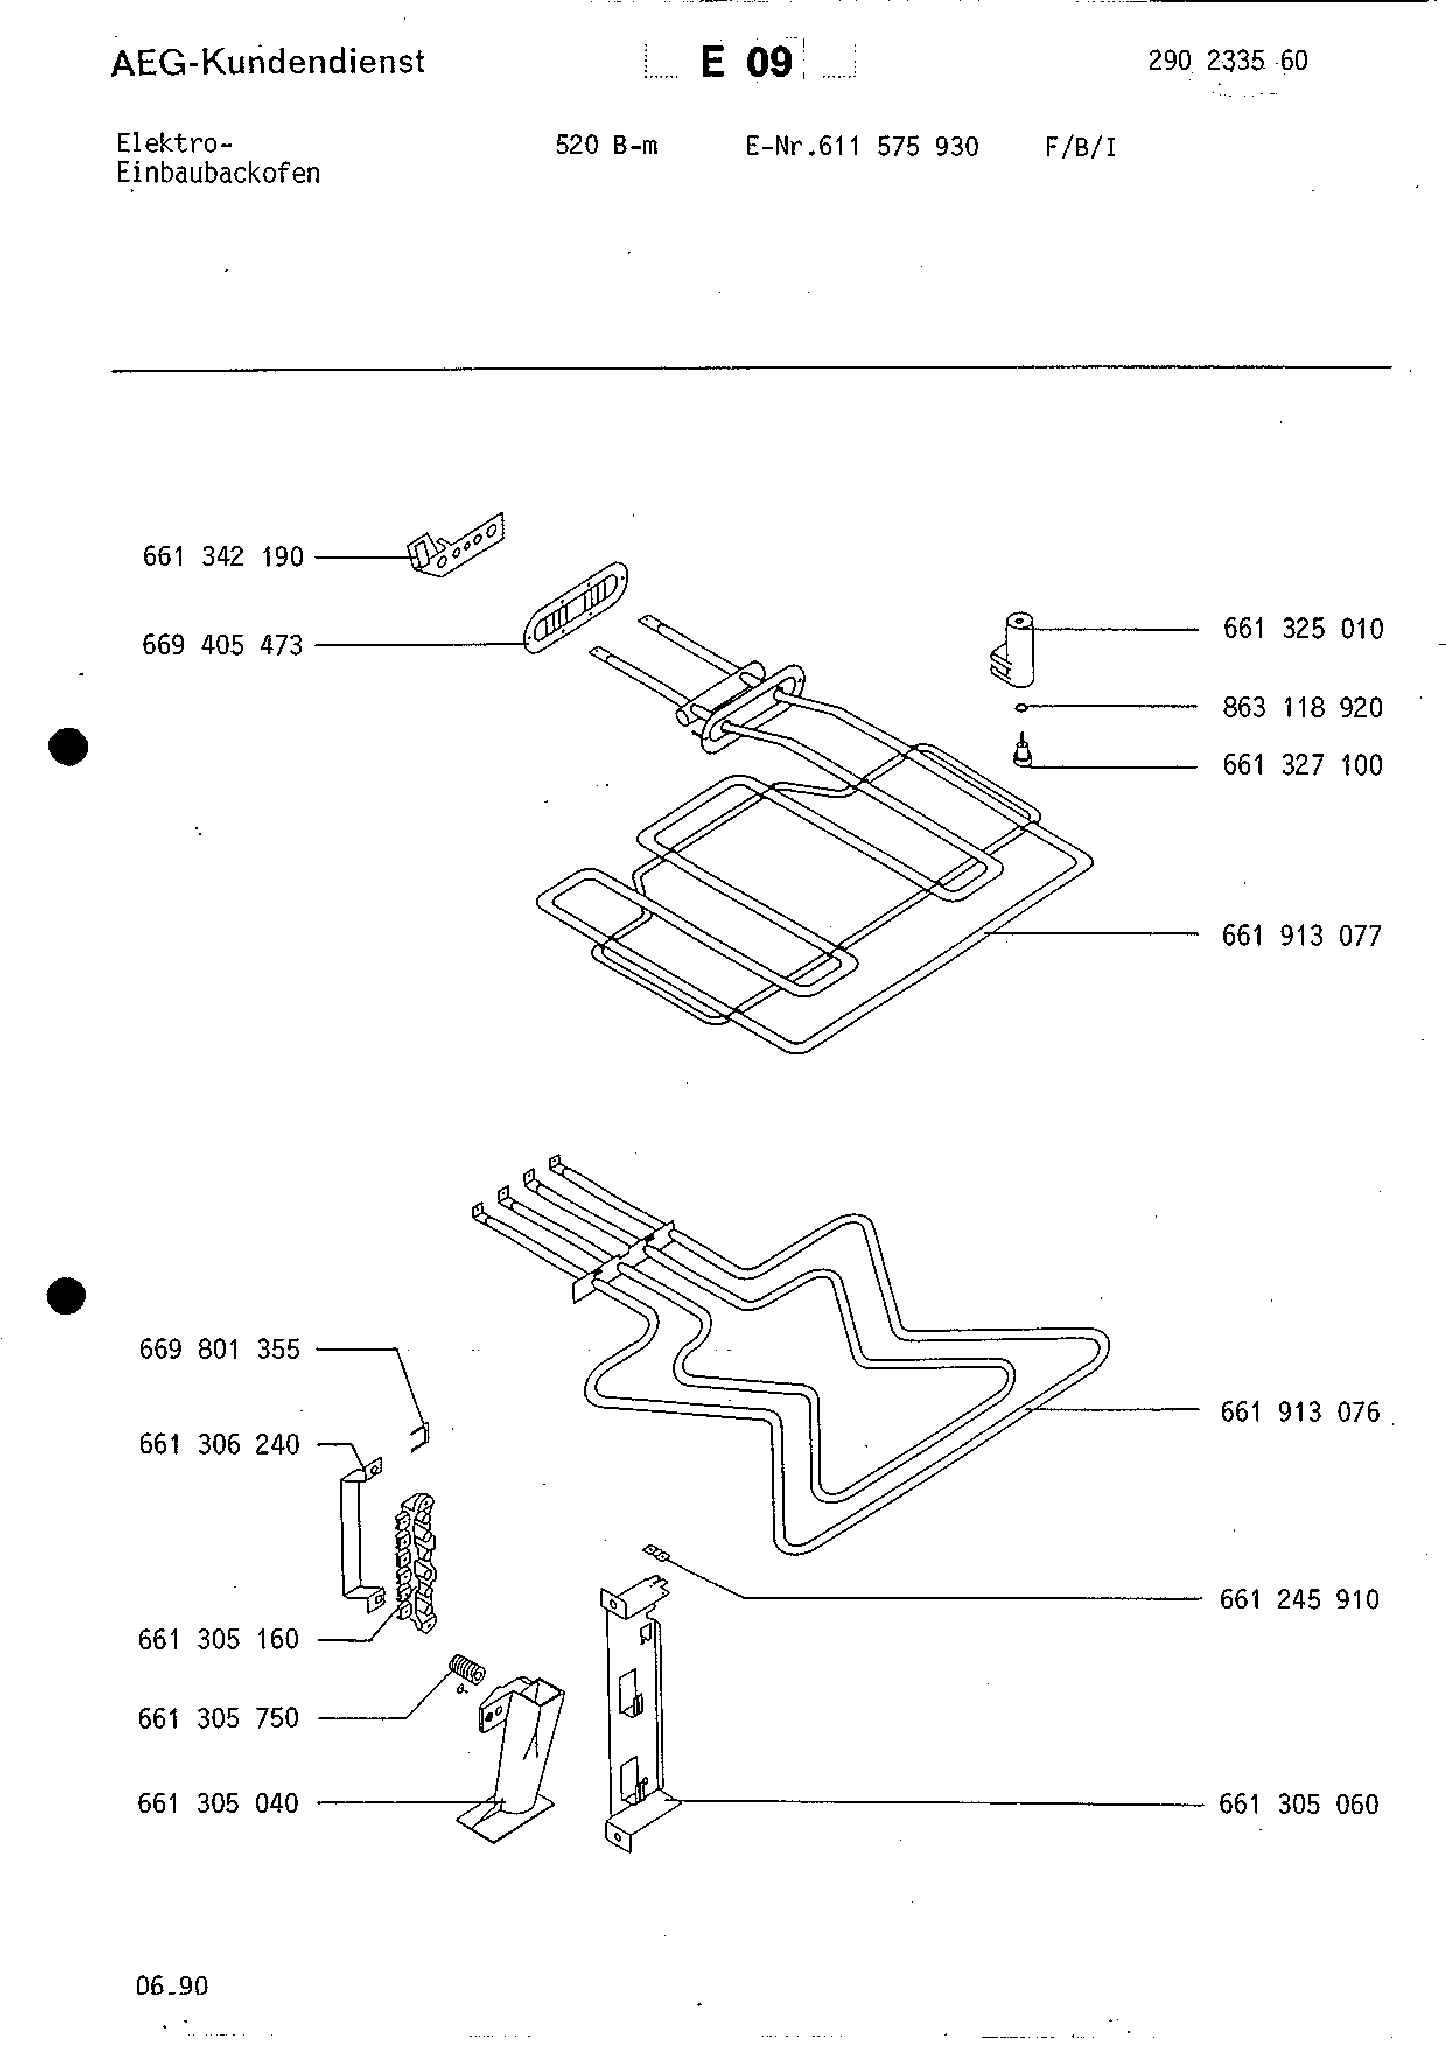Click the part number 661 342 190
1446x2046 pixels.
pos(223,557)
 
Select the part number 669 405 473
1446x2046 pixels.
pos(223,645)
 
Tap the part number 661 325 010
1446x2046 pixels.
pos(1303,629)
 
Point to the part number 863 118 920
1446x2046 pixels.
pos(1303,707)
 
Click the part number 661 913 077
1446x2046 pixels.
pos(1301,936)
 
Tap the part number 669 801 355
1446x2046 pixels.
pos(219,1349)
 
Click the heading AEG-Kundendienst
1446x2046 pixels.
pos(267,62)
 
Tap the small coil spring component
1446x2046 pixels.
pos(466,1669)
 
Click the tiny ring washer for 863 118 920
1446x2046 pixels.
pos(1021,707)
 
